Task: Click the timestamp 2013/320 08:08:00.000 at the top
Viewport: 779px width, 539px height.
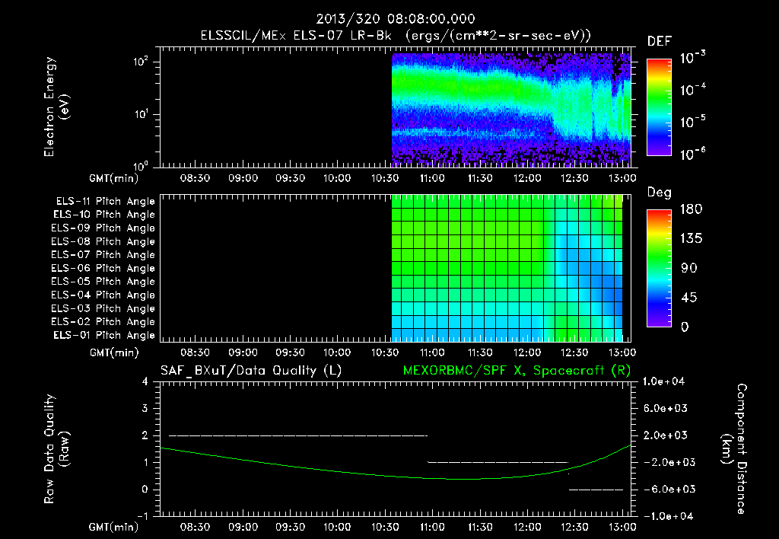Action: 396,19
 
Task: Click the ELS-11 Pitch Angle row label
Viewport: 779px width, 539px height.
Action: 105,202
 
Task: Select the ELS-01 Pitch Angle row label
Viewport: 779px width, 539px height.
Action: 104,336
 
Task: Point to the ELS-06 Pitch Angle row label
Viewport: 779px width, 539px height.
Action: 103,269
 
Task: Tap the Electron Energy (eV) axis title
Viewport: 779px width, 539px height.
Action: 56,107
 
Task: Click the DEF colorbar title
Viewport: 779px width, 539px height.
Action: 660,41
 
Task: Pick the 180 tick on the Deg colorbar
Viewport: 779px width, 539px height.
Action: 691,209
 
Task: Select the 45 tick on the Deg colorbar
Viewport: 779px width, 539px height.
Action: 688,298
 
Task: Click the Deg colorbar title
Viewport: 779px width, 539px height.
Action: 660,193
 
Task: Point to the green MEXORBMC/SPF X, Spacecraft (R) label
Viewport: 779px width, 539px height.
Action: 517,371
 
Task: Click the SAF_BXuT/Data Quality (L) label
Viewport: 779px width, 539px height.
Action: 251,371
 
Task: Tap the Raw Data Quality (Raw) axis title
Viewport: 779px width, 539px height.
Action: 56,449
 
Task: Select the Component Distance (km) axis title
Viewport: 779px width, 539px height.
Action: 734,449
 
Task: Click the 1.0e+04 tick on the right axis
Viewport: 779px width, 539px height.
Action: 663,381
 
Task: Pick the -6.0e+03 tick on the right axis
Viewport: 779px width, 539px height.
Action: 666,490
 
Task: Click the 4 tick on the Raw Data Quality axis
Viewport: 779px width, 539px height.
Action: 145,381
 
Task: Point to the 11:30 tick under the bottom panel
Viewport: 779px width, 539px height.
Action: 480,527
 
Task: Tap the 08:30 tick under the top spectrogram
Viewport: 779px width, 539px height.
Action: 195,178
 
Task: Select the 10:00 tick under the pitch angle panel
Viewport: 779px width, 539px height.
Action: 337,352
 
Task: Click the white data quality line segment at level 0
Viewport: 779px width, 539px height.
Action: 596,490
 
